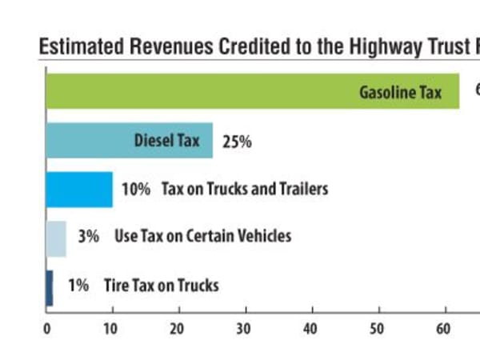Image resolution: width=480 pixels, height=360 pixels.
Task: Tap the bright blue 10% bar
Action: pos(79,190)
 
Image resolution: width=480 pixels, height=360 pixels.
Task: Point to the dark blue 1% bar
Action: pos(50,287)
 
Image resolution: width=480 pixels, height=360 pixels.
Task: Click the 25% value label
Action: pos(237,142)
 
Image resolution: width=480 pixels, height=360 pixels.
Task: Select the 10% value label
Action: pos(136,190)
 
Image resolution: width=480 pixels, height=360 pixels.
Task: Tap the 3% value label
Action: pos(88,237)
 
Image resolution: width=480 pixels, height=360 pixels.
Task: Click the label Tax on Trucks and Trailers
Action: pos(245,190)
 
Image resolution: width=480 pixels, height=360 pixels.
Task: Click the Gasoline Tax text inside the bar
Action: pos(400,92)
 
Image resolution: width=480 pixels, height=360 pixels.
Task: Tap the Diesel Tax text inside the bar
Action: pos(166,142)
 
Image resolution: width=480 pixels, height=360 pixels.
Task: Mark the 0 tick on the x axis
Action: pos(46,328)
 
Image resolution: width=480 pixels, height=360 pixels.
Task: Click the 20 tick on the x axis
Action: pos(178,328)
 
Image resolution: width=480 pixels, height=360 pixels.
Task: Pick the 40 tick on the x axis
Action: pos(310,328)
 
